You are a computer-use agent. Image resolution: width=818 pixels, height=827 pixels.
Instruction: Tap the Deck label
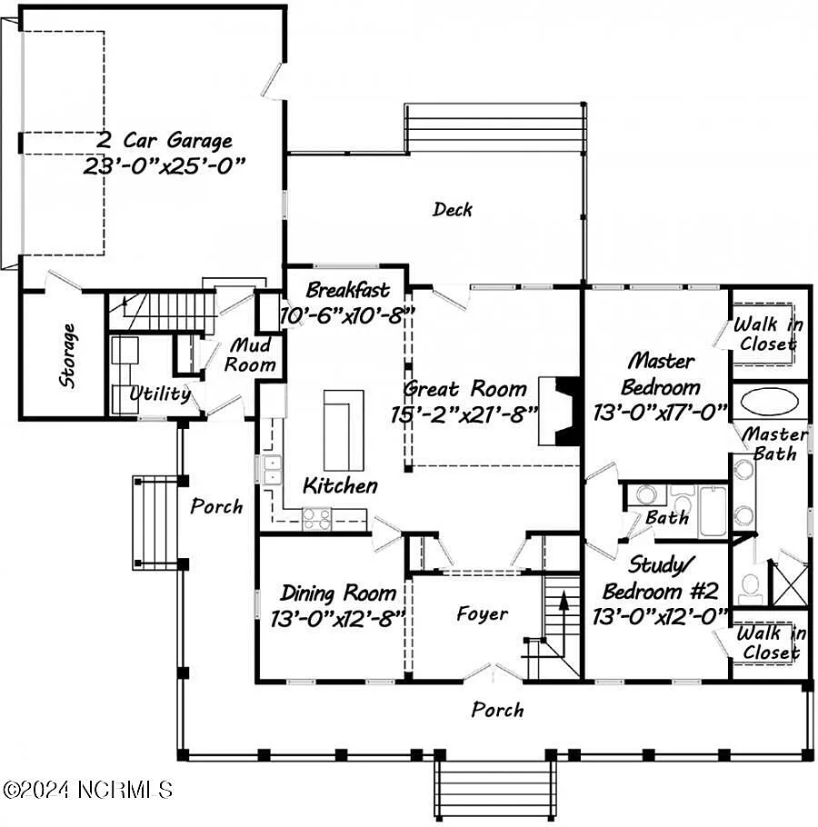coord(452,210)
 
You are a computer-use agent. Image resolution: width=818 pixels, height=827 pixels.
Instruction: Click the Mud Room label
coord(251,355)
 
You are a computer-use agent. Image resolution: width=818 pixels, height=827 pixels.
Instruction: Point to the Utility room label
coord(160,394)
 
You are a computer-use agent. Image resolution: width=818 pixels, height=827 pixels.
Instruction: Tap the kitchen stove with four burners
coord(317,518)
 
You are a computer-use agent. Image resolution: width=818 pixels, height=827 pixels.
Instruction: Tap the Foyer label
coord(482,614)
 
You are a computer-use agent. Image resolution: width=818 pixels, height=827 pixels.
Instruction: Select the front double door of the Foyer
coord(492,674)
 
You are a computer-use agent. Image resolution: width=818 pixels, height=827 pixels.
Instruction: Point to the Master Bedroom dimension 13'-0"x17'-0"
coord(660,412)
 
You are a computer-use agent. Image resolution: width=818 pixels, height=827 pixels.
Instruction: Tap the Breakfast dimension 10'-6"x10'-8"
coord(347,314)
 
